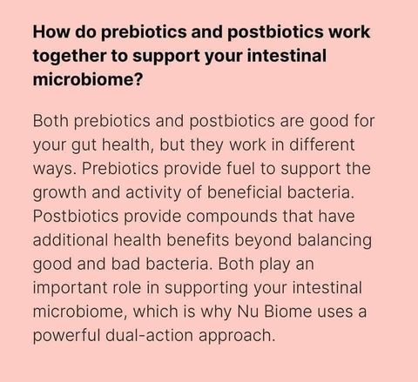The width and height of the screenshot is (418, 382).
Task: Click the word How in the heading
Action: pyautogui.click(x=51, y=31)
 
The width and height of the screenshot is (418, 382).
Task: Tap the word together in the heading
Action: pyautogui.click(x=70, y=57)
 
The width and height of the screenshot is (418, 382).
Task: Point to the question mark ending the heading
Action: pyautogui.click(x=138, y=79)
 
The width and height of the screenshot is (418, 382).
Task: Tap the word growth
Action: pyautogui.click(x=59, y=193)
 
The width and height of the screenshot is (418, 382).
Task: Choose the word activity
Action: pyautogui.click(x=153, y=193)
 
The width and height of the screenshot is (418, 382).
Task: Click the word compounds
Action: pyautogui.click(x=232, y=218)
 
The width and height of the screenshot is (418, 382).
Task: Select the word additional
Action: pyautogui.click(x=71, y=240)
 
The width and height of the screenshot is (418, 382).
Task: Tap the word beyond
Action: pyautogui.click(x=263, y=241)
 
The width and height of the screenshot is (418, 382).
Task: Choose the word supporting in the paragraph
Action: pyautogui.click(x=206, y=289)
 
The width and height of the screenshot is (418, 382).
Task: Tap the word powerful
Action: pyautogui.click(x=66, y=336)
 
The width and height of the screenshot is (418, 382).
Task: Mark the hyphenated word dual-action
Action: pyautogui.click(x=149, y=335)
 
